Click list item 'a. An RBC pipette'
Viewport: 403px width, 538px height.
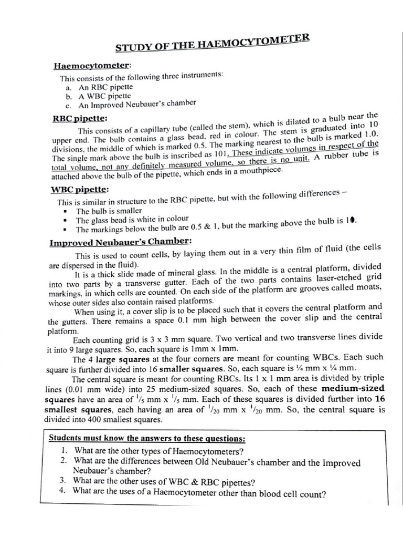(99, 87)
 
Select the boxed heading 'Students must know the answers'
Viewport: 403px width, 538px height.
(147, 438)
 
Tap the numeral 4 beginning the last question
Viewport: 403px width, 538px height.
(62, 492)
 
